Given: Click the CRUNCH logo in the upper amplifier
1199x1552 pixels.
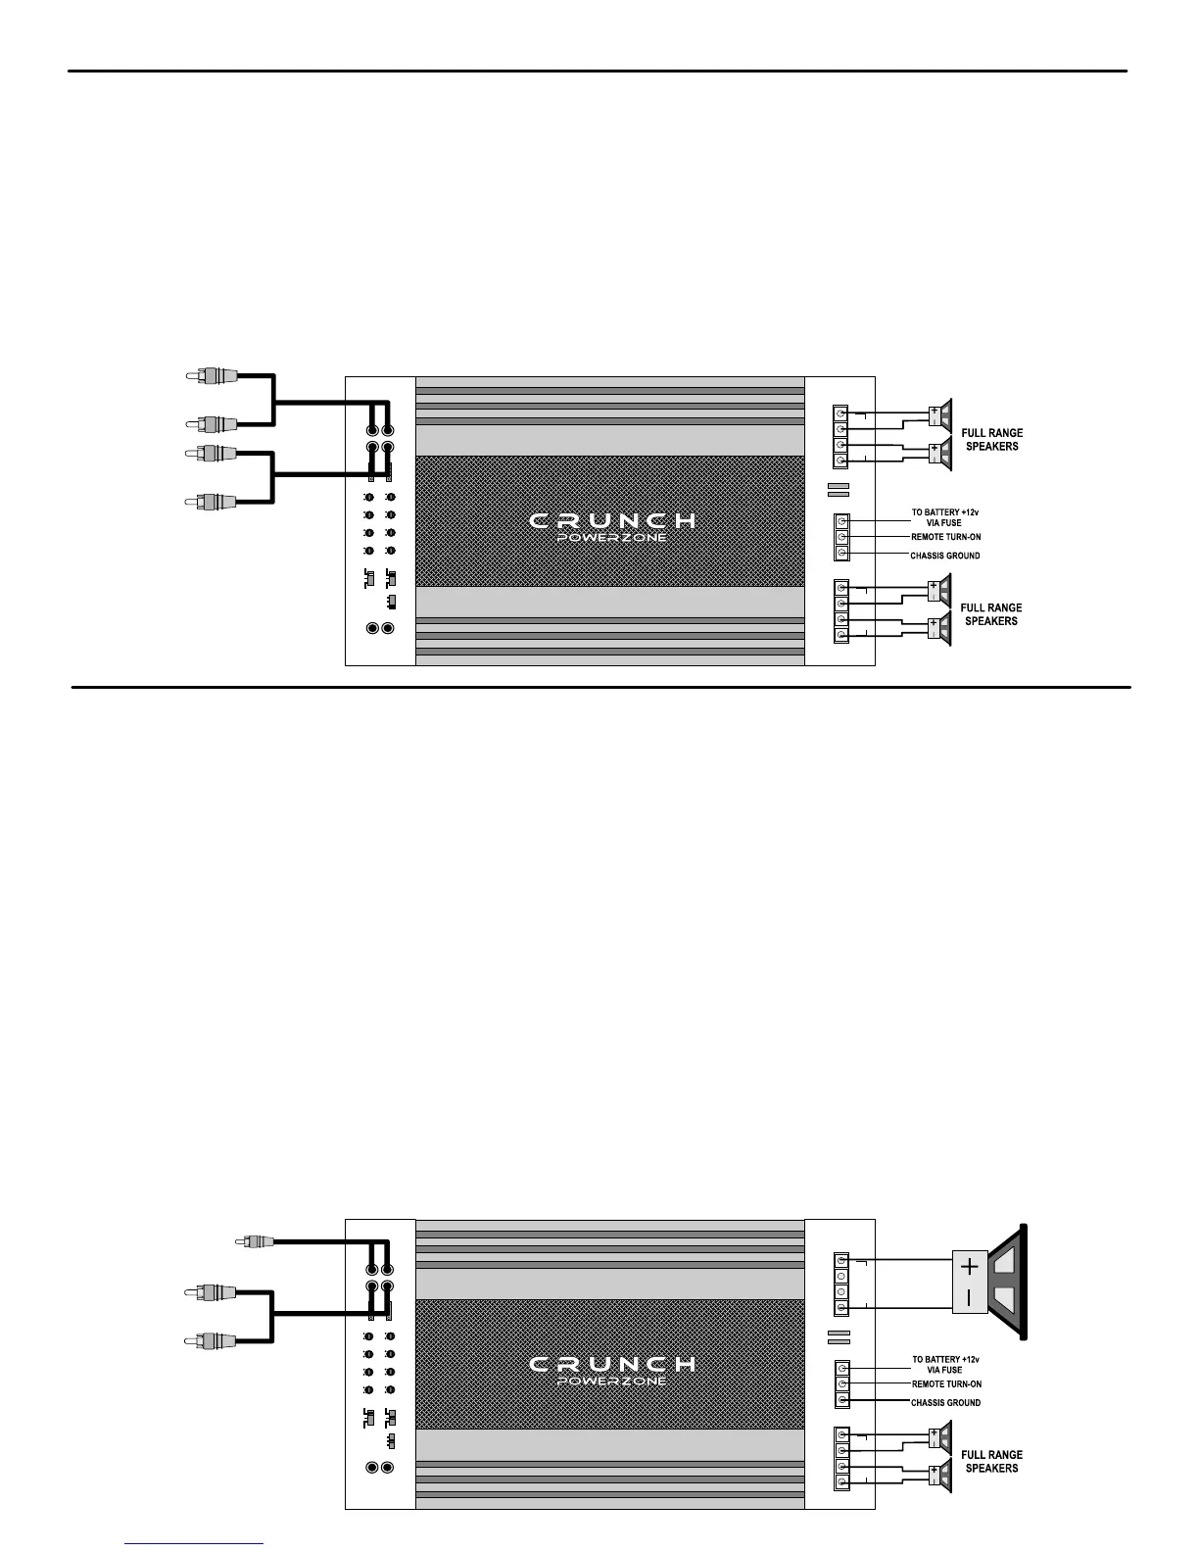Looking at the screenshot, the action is [x=612, y=520].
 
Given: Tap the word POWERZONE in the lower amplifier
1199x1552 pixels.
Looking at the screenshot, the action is [x=612, y=1382].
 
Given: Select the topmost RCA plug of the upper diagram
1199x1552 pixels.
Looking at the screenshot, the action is [x=212, y=375].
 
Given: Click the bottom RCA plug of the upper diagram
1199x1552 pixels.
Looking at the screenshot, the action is [x=212, y=503].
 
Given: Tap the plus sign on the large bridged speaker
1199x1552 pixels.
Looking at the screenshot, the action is [x=969, y=1267].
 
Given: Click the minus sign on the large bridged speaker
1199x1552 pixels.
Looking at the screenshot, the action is [x=969, y=1298].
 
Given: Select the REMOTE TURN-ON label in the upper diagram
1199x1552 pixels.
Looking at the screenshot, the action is [x=945, y=537].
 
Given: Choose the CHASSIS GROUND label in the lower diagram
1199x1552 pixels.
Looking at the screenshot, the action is [x=945, y=1403].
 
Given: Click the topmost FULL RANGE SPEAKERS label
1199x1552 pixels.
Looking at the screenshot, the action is [x=991, y=439].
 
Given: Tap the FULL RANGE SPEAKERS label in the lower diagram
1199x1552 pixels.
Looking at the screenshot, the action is [x=991, y=1461].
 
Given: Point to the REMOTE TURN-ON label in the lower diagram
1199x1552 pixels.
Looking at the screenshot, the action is [x=946, y=1384].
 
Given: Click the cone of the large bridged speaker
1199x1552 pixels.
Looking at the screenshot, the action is [x=1009, y=1283].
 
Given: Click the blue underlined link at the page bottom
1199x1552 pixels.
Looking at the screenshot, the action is [x=195, y=1543].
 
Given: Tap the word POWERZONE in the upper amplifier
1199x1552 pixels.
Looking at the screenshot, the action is [x=612, y=538].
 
